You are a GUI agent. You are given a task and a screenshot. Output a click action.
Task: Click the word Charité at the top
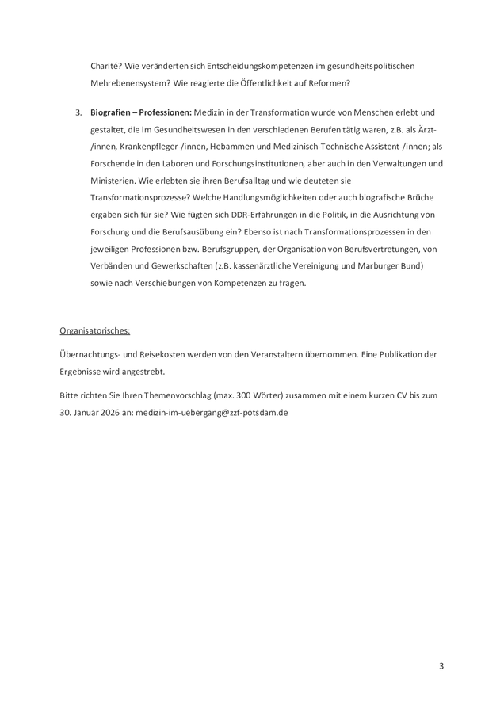pos(105,65)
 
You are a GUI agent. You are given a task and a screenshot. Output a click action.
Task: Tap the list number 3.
pos(78,112)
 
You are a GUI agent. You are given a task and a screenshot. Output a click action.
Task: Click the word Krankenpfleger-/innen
pos(153,147)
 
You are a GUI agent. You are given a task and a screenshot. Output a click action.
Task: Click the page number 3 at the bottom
pos(441,666)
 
